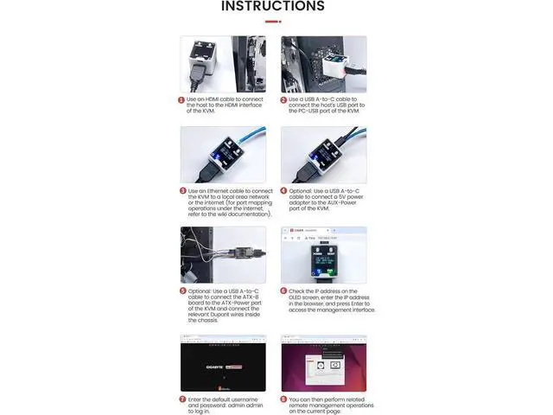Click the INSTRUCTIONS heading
pos(273,7)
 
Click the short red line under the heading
pos(273,21)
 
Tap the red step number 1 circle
pos(182,99)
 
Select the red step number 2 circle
pos(283,99)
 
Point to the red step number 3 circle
pos(182,191)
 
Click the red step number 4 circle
pos(283,191)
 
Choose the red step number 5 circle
pos(182,291)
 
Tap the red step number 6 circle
pos(283,291)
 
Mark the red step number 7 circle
pos(182,399)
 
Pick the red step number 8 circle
pos(283,399)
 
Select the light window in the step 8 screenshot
pos(323,367)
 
